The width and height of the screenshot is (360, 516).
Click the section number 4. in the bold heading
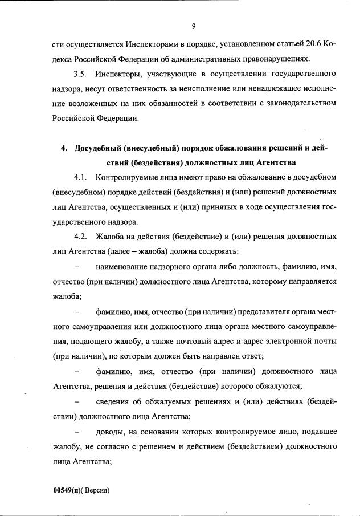click(x=64, y=148)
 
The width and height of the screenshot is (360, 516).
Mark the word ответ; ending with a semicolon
click(x=251, y=356)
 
